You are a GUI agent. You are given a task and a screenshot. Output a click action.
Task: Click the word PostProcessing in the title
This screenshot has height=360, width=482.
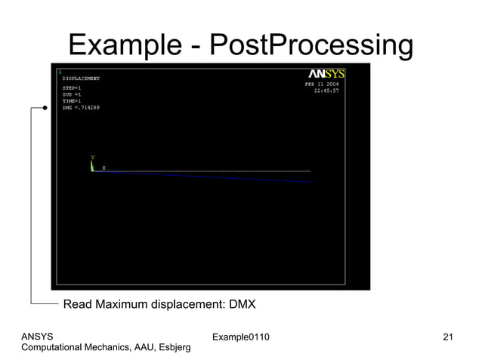311,46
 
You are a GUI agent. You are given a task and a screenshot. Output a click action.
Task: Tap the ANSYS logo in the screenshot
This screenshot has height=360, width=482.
326,74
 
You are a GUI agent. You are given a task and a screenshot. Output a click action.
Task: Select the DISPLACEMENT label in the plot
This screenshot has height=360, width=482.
81,78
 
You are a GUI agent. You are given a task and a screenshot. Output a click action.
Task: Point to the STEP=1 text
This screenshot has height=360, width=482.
72,88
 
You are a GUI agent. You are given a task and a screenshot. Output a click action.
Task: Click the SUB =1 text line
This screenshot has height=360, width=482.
72,94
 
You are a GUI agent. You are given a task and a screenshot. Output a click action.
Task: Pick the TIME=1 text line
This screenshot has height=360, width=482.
72,101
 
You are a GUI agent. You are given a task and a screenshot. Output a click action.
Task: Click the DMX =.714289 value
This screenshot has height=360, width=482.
81,108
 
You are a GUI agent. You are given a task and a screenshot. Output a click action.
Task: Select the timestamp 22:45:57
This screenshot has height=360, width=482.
327,91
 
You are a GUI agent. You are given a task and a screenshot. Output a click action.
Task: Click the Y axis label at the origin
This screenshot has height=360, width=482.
93,158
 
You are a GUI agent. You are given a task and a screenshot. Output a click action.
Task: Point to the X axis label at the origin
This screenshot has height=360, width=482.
104,168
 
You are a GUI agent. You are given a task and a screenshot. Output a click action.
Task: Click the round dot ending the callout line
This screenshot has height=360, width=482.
45,108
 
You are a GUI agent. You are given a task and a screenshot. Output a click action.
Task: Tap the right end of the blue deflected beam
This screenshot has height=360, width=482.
309,182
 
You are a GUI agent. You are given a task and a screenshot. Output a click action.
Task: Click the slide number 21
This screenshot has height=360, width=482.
448,336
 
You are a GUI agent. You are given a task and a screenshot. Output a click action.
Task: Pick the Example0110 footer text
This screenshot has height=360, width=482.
240,336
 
